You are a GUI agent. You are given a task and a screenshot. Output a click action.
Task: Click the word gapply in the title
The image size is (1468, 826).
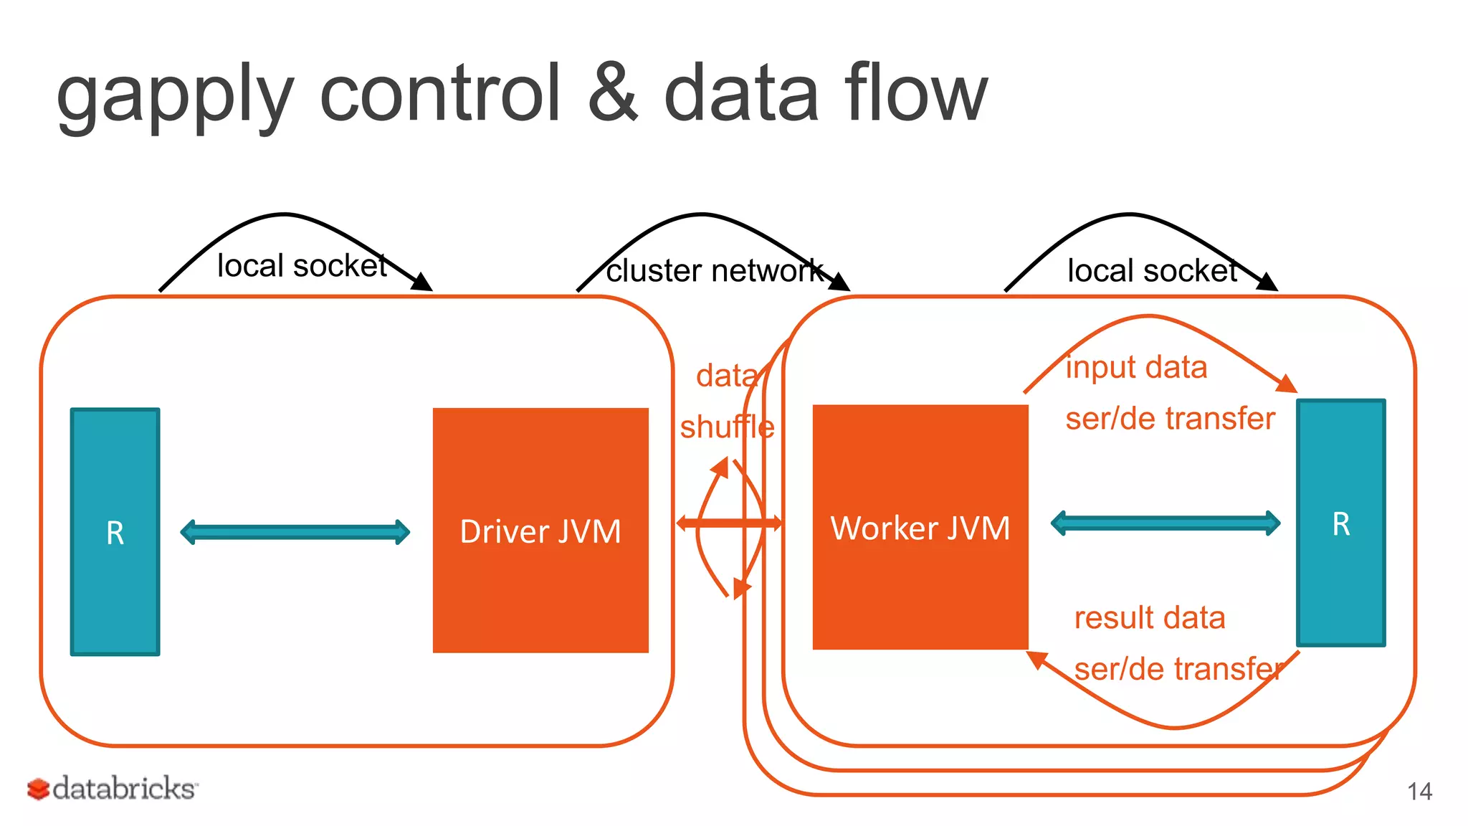pyautogui.click(x=175, y=97)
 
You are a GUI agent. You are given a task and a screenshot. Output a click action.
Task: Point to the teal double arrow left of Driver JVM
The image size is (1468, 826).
pyautogui.click(x=295, y=532)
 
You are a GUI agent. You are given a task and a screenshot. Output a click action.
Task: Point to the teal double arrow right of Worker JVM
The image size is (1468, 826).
pyautogui.click(x=1166, y=523)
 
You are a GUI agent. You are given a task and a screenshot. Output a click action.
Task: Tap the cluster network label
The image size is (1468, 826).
pyautogui.click(x=715, y=271)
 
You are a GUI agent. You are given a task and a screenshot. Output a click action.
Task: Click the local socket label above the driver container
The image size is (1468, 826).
pyautogui.click(x=302, y=266)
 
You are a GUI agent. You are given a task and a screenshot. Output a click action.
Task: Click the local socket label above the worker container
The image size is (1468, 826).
pyautogui.click(x=1153, y=271)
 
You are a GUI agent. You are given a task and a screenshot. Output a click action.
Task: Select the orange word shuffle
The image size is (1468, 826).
pyautogui.click(x=727, y=427)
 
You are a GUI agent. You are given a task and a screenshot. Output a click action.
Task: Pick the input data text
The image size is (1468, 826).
pyautogui.click(x=1136, y=367)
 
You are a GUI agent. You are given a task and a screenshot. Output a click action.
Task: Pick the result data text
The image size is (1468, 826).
pyautogui.click(x=1150, y=618)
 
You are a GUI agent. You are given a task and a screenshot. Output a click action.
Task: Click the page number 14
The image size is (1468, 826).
pyautogui.click(x=1419, y=792)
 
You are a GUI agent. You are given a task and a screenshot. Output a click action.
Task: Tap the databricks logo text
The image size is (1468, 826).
pyautogui.click(x=125, y=789)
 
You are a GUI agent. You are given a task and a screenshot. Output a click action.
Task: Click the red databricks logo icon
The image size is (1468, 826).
pyautogui.click(x=38, y=789)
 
